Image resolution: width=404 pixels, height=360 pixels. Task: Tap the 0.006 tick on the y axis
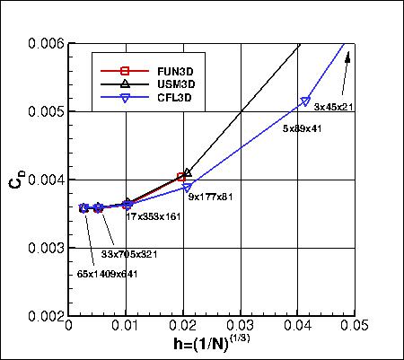point(47,43)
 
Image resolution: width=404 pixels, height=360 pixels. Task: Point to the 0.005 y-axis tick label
point(47,111)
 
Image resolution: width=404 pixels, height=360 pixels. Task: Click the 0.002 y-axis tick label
point(47,316)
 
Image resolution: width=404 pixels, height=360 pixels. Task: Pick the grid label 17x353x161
point(154,216)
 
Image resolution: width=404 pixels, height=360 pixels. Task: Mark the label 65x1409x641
point(100,274)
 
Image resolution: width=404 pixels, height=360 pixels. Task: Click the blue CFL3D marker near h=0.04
point(306,101)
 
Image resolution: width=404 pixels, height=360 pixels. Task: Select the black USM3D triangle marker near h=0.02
point(188,172)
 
